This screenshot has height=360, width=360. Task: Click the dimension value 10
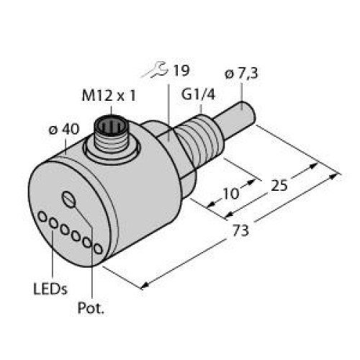[x=231, y=192]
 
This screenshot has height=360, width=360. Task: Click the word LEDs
[x=50, y=289]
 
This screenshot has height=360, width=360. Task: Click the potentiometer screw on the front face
[x=68, y=199]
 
